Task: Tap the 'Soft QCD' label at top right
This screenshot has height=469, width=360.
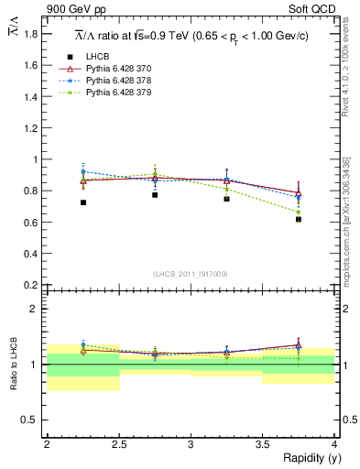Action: tap(315, 10)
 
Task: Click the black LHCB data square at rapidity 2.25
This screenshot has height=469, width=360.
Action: tap(82, 202)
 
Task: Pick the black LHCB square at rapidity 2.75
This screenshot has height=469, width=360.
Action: tap(155, 194)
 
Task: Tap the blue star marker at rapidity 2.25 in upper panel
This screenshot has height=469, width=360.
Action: tap(82, 171)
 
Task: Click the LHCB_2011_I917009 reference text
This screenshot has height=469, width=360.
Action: tap(191, 274)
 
